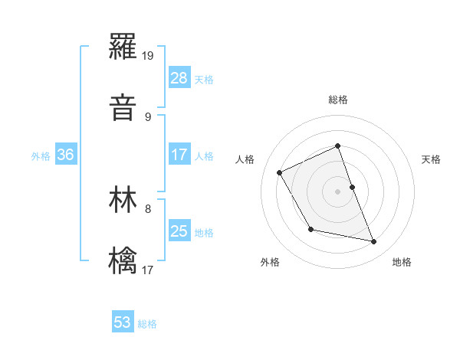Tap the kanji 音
coord(123,108)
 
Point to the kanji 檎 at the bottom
coord(123,260)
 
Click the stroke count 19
coord(149,56)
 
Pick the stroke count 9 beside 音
coord(148,116)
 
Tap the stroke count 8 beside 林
coord(148,208)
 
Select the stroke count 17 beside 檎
coord(149,269)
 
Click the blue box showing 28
coord(179,77)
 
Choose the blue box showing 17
coord(179,155)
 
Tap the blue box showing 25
coord(179,231)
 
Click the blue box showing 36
coord(66,155)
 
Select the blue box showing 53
coord(123,322)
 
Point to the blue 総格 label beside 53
coord(148,324)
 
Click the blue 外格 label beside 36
coord(41,156)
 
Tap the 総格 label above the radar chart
coord(338,100)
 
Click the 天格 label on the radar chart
coord(432,159)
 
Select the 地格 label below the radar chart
coord(402,262)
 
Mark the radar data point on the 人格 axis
coord(280,172)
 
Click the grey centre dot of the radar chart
coord(338,191)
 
